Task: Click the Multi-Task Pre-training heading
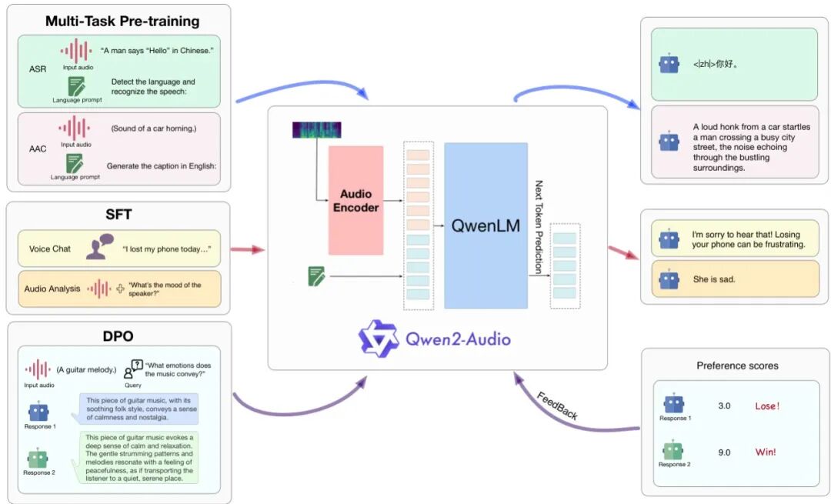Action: coord(122,21)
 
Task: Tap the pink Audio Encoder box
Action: coord(355,200)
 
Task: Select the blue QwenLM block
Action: coord(485,225)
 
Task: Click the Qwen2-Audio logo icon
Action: coord(378,338)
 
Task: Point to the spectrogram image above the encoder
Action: coord(316,130)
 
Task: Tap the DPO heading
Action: coord(119,335)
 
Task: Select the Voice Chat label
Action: coord(50,249)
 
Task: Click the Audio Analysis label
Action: coord(52,289)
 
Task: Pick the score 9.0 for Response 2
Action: coord(724,452)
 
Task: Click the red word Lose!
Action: coord(767,406)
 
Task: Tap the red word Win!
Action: coord(766,452)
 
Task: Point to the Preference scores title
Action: coord(737,365)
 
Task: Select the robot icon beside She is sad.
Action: coord(669,279)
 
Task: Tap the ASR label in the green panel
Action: coord(37,68)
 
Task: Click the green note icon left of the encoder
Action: coord(316,275)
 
